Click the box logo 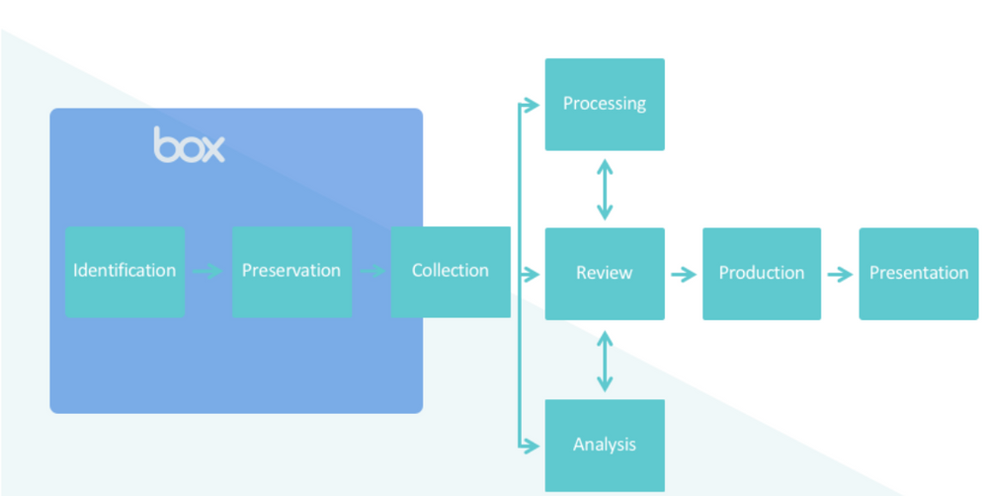189,145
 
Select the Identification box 124,272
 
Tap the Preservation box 291,272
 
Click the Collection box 451,272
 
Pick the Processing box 605,104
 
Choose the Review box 605,274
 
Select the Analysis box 605,445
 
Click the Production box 762,274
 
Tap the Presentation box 919,274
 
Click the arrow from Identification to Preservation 207,272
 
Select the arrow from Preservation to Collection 371,272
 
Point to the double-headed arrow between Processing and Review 605,189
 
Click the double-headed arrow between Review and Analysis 605,360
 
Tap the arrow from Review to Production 683,274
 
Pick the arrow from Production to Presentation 840,274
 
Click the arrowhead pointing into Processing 535,104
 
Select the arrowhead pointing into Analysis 535,445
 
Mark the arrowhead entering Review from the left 535,274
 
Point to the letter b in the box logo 165,144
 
